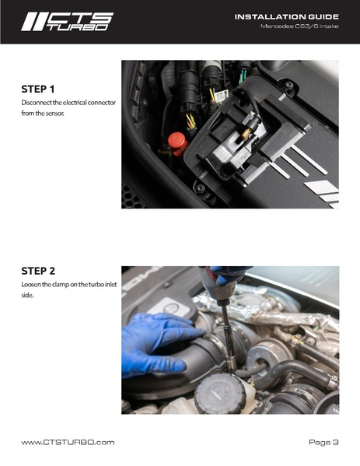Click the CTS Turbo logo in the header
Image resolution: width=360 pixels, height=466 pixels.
66,21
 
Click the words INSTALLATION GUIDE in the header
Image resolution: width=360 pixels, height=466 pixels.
286,16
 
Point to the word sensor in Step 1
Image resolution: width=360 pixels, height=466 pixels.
73,114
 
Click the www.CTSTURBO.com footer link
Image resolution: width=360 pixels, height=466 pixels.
68,442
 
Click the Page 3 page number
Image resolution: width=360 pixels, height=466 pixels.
323,442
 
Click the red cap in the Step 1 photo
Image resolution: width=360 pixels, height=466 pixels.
177,142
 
